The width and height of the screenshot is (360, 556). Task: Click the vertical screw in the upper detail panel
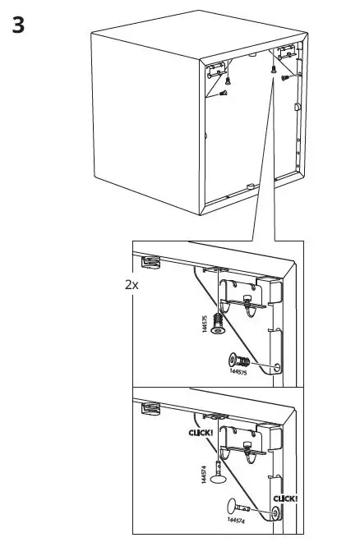click(x=218, y=322)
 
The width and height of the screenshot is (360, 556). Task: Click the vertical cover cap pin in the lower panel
click(x=218, y=470)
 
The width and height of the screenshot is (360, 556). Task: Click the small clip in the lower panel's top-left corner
click(x=149, y=407)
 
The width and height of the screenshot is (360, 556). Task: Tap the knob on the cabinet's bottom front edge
click(x=247, y=187)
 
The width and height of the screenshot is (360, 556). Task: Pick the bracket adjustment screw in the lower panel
click(x=245, y=448)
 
